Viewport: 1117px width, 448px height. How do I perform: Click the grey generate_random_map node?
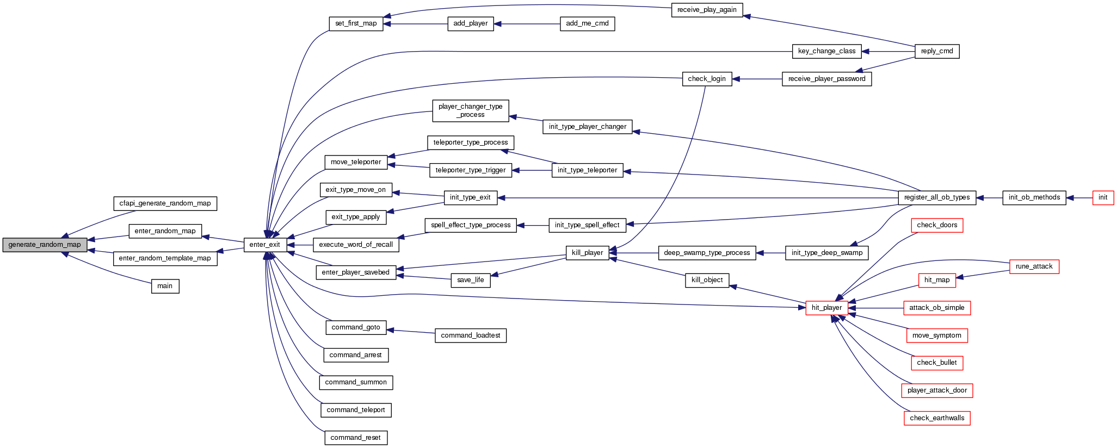click(x=45, y=245)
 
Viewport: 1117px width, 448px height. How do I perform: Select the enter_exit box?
click(x=264, y=245)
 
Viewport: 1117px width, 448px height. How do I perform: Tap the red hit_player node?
click(x=826, y=308)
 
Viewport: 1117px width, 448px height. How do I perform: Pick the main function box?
click(x=165, y=286)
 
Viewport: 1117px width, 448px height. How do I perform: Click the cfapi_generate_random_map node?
click(x=165, y=203)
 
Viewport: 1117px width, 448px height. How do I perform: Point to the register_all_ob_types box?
click(x=936, y=197)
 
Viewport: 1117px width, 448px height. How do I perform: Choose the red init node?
click(x=1102, y=197)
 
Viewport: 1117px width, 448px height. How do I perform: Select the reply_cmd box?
click(x=936, y=51)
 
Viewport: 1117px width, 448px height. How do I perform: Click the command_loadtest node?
click(x=470, y=335)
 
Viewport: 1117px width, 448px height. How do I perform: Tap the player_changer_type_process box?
click(x=470, y=110)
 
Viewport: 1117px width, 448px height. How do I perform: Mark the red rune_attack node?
click(x=1034, y=266)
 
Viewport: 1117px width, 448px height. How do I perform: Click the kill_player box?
click(x=587, y=253)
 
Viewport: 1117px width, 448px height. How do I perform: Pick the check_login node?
click(x=706, y=79)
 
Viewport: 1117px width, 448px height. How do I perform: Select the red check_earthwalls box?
click(x=936, y=418)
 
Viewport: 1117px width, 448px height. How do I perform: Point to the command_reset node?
click(x=355, y=438)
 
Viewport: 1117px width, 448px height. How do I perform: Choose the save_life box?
click(x=470, y=280)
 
